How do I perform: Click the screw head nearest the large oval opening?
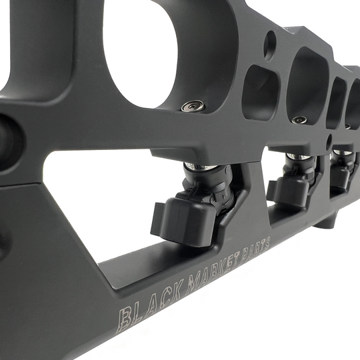pyautogui.click(x=195, y=105)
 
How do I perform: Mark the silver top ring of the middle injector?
pyautogui.click(x=298, y=157)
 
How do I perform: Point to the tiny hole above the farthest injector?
pyautogui.click(x=330, y=141)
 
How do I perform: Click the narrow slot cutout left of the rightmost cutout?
pyautogui.click(x=337, y=102)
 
